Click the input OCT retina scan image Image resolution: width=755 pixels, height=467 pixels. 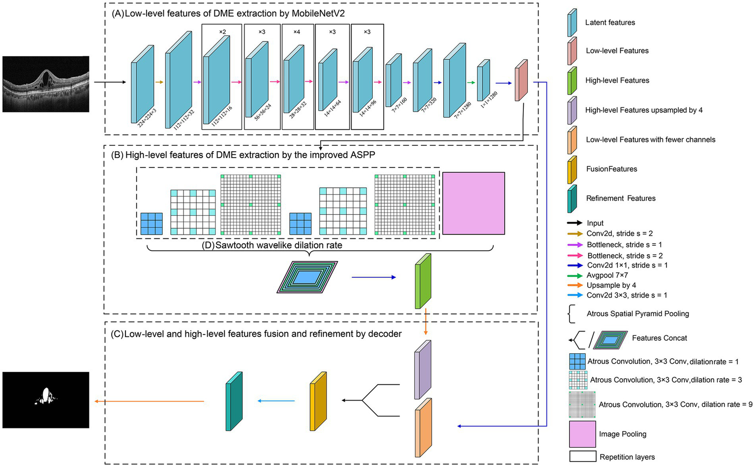pos(46,84)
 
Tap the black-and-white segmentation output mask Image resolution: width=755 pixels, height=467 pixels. pos(46,400)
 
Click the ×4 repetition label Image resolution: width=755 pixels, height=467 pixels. pos(297,32)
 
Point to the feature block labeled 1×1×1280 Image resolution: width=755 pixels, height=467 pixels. pos(483,81)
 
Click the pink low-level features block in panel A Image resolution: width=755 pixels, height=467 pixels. pos(521,80)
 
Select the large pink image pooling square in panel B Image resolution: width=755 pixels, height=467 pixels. pos(473,203)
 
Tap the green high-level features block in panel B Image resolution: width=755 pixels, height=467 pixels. pos(423,281)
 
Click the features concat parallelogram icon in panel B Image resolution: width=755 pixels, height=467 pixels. pos(307,277)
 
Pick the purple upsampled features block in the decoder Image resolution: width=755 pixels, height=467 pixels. pos(423,369)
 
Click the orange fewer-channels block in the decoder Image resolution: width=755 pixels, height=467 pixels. pos(423,428)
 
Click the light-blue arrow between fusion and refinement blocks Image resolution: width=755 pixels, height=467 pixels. pos(276,401)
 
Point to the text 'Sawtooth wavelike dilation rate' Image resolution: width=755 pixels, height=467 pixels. pos(272,245)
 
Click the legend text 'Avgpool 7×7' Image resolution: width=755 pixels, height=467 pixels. pos(607,275)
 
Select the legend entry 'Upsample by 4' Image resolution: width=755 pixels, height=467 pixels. pos(611,285)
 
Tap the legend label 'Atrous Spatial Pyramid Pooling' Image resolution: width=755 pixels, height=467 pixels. pos(637,314)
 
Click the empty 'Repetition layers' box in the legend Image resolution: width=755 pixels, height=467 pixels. pos(582,457)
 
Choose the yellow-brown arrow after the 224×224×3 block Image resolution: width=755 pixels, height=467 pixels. pos(159,82)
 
